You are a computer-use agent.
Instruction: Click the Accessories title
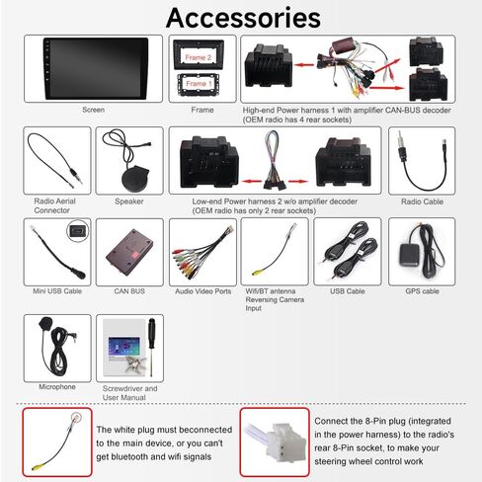(x=243, y=18)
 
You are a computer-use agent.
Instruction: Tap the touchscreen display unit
(x=96, y=68)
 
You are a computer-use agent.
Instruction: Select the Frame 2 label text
(x=199, y=57)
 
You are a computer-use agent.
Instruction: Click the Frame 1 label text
(x=199, y=84)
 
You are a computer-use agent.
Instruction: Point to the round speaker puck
(x=136, y=179)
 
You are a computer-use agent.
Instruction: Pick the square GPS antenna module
(x=410, y=256)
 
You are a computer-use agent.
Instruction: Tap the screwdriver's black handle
(x=151, y=333)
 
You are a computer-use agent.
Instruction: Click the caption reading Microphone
(x=57, y=387)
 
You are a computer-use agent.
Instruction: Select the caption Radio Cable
(x=422, y=201)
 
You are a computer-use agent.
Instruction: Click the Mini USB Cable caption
(x=57, y=291)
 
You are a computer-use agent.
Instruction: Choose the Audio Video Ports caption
(x=203, y=291)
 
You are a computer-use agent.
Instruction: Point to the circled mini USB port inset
(x=78, y=231)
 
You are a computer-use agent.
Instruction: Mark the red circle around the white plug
(x=76, y=418)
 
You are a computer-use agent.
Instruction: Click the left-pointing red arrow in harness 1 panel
(x=304, y=65)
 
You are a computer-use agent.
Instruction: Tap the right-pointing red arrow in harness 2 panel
(x=298, y=181)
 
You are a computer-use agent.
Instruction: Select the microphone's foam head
(x=45, y=323)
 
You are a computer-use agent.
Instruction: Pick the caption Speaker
(x=129, y=201)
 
